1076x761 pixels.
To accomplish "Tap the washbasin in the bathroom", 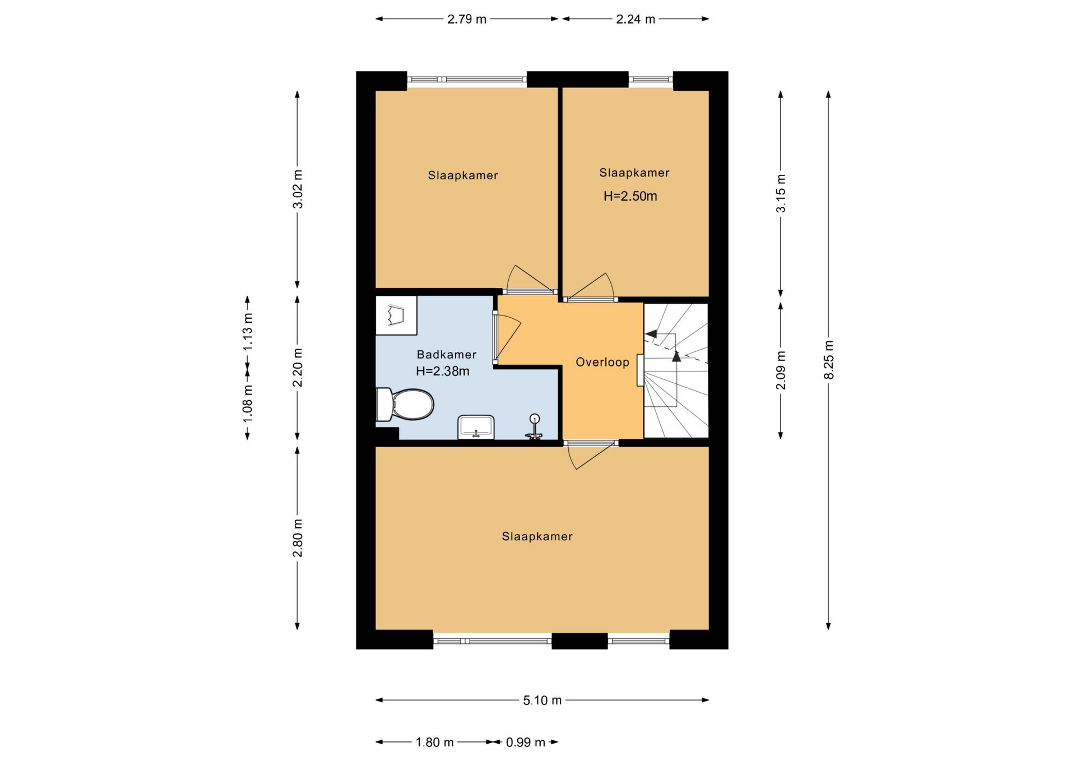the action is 476,428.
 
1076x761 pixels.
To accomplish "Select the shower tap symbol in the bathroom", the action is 534,427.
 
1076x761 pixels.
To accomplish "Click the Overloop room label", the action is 602,362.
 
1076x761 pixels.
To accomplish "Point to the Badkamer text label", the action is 447,354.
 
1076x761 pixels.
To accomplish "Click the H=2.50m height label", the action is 630,196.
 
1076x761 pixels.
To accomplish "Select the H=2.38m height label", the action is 443,371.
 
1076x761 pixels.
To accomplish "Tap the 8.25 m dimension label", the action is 829,360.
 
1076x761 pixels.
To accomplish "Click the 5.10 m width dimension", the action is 542,700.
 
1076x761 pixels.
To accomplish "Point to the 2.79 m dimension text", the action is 467,19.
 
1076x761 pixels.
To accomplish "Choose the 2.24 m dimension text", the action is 636,19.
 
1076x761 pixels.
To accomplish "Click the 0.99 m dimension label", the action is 526,743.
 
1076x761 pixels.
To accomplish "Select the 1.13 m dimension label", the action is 248,332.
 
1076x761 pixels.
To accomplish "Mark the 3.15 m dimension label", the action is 781,193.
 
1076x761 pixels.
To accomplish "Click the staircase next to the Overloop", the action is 676,370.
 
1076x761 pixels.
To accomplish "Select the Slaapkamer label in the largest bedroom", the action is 537,536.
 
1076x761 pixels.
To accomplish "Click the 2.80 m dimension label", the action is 298,538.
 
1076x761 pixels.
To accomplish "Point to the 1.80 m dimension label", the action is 434,743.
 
